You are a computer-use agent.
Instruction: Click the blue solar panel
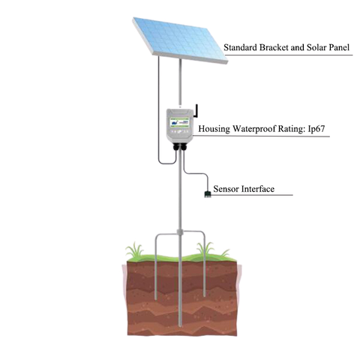pos(180,40)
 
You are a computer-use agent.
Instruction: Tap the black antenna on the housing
pos(196,111)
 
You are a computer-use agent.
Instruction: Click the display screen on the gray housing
pos(179,122)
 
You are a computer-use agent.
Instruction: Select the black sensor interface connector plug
pos(207,193)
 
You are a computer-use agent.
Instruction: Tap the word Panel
pos(339,47)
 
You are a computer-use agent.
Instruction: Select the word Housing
pos(214,129)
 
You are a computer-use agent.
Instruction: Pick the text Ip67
pos(316,129)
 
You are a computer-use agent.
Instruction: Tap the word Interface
pos(258,189)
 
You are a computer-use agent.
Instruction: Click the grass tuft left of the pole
pos(135,250)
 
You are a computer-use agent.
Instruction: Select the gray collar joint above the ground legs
pos(180,232)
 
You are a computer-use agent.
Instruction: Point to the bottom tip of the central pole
pos(180,326)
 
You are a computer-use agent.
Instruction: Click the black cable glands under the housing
pos(180,146)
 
